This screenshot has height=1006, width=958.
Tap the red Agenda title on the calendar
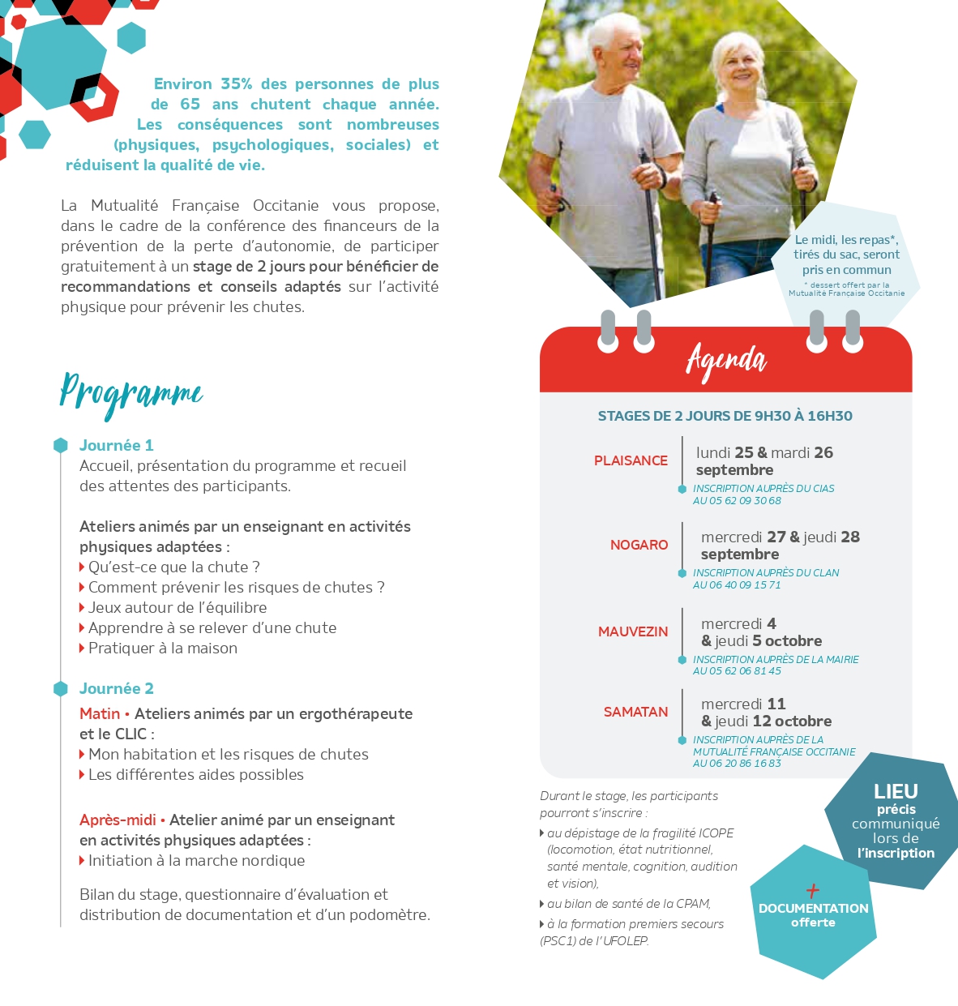(726, 361)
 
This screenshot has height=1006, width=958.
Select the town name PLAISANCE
(631, 460)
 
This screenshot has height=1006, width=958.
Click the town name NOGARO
(639, 545)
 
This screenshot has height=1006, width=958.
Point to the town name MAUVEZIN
(633, 631)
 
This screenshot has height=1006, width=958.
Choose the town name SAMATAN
(635, 712)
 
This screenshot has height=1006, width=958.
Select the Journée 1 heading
(116, 445)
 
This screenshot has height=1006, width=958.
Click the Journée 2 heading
(116, 688)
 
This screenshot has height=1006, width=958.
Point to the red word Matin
(100, 713)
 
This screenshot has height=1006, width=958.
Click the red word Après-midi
(118, 820)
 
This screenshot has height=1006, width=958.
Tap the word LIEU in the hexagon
(896, 791)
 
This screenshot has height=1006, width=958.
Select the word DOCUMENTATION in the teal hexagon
(813, 909)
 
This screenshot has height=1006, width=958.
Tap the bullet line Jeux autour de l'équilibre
(177, 607)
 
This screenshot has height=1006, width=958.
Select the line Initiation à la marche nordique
(196, 860)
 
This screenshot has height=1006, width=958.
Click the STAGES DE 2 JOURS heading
(725, 416)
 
